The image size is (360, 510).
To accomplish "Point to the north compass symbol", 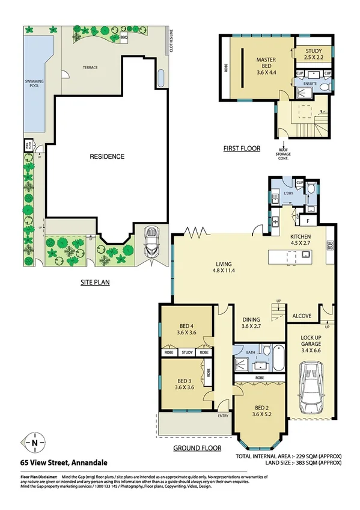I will (35, 443).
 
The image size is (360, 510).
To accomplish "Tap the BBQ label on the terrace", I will (124, 37).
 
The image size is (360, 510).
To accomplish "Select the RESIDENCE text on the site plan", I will (107, 156).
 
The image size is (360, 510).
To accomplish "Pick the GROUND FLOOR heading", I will (197, 448).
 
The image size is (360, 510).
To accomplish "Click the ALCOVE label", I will (302, 315).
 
